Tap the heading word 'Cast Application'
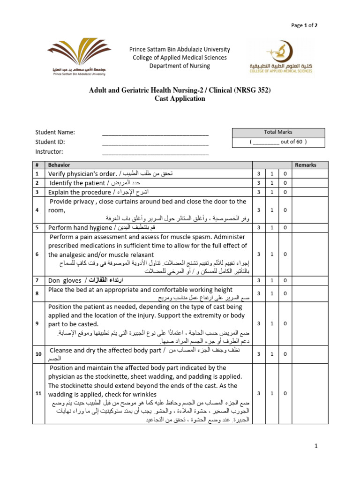pyautogui.click(x=180, y=99)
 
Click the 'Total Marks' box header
pyautogui.click(x=278, y=132)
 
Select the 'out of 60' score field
pyautogui.click(x=278, y=142)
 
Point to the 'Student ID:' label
pyautogui.click(x=50, y=142)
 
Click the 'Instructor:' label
pyautogui.click(x=49, y=151)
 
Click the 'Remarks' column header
pyautogui.click(x=306, y=165)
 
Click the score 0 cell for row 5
pyautogui.click(x=285, y=227)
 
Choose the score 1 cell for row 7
pyautogui.click(x=272, y=281)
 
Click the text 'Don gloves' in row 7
pyautogui.click(x=65, y=281)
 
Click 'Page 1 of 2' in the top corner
pyautogui.click(x=304, y=25)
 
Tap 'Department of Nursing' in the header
pyautogui.click(x=180, y=66)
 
